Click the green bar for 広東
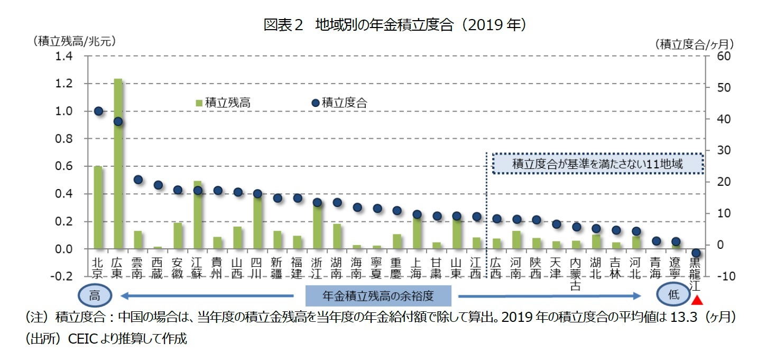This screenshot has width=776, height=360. [118, 164]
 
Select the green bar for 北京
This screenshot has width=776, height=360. [98, 208]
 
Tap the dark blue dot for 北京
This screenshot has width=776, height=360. [98, 111]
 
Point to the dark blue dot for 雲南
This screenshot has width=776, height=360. [138, 179]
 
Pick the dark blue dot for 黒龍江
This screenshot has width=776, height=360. [696, 253]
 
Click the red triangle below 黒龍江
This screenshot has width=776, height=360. [697, 301]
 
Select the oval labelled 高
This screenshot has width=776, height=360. [95, 295]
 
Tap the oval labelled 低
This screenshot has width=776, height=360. [673, 295]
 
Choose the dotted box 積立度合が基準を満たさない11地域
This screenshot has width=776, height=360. [597, 164]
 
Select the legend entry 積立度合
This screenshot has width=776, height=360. [339, 103]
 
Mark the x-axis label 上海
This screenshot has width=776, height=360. [417, 267]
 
